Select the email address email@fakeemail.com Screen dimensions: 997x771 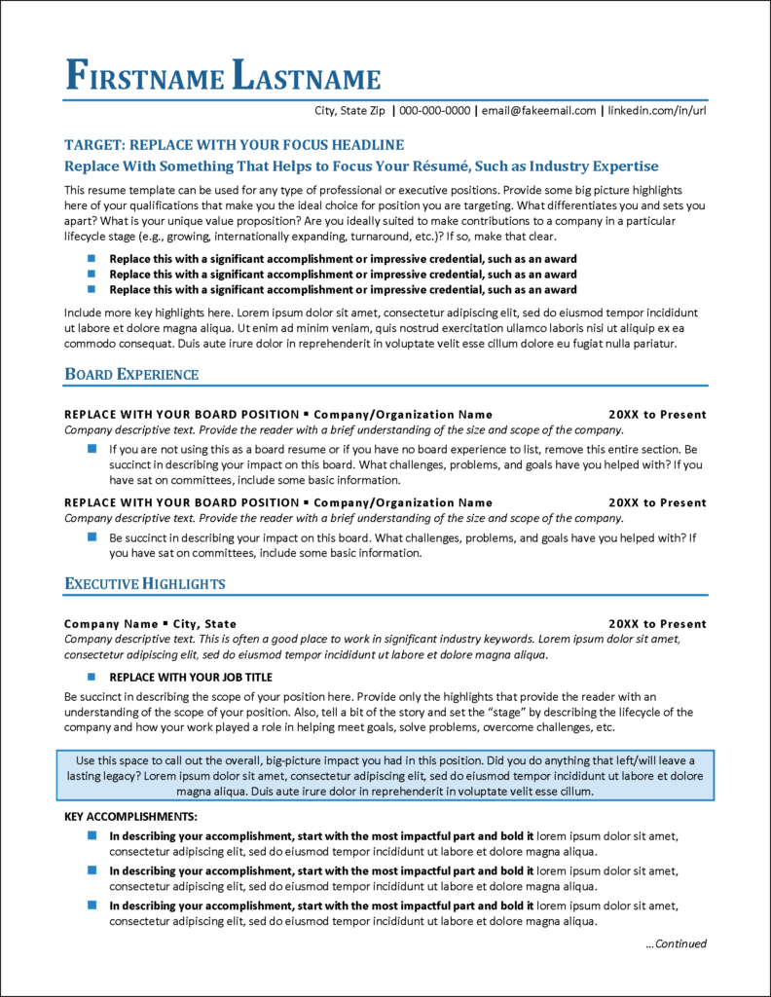pos(538,111)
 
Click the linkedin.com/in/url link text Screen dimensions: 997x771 pos(657,111)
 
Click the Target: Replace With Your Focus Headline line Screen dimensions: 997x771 pos(234,144)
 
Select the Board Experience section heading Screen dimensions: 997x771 pos(131,375)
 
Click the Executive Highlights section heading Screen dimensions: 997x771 pos(145,584)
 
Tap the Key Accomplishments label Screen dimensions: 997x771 pos(130,816)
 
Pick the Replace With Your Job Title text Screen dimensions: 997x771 pos(191,677)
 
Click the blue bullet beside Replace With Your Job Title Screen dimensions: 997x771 pos(92,676)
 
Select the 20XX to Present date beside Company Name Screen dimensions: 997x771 pos(657,623)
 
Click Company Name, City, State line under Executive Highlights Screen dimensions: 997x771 pos(150,623)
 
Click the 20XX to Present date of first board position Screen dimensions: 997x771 pos(657,414)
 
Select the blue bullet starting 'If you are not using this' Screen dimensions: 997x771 pos(92,449)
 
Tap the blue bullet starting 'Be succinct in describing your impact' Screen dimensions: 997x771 pos(92,536)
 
